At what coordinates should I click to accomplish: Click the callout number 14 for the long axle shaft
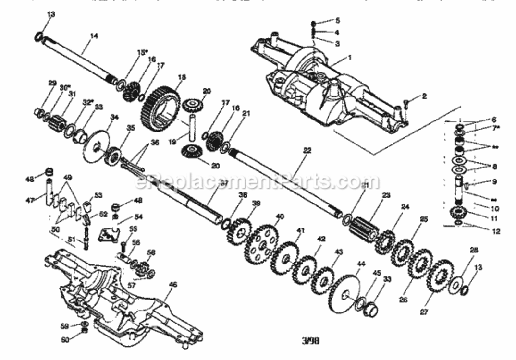point(94,36)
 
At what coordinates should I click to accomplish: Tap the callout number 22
point(307,150)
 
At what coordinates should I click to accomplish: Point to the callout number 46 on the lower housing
point(173,285)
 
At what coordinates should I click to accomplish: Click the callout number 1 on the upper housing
point(350,57)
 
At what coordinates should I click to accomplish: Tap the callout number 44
point(361,264)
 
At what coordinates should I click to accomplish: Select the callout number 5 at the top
point(337,21)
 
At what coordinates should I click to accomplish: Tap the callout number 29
point(52,83)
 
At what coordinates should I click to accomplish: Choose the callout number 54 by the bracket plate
point(138,217)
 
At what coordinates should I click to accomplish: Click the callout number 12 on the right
point(496,231)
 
